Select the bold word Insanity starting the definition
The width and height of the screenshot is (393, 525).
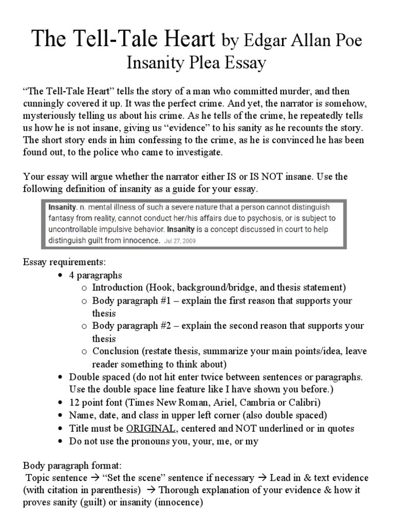click(61, 207)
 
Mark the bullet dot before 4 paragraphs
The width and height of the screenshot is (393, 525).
click(60, 275)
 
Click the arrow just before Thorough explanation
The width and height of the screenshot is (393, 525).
click(151, 490)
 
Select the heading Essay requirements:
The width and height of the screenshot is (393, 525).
click(64, 262)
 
